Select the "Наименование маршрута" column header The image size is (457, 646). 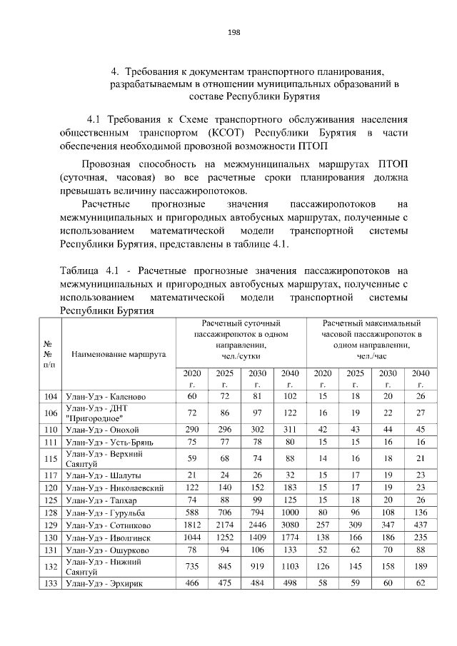[119, 353]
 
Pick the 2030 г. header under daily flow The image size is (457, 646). [257, 378]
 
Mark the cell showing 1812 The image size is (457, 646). [191, 524]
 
